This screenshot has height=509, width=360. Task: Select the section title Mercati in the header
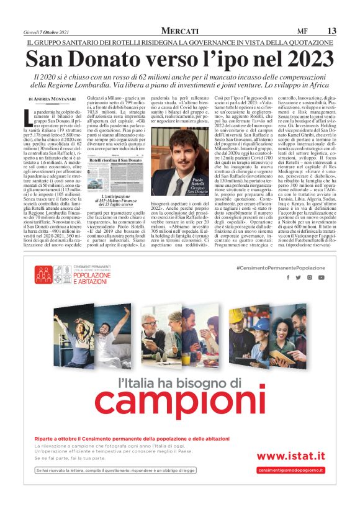click(x=179, y=31)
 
